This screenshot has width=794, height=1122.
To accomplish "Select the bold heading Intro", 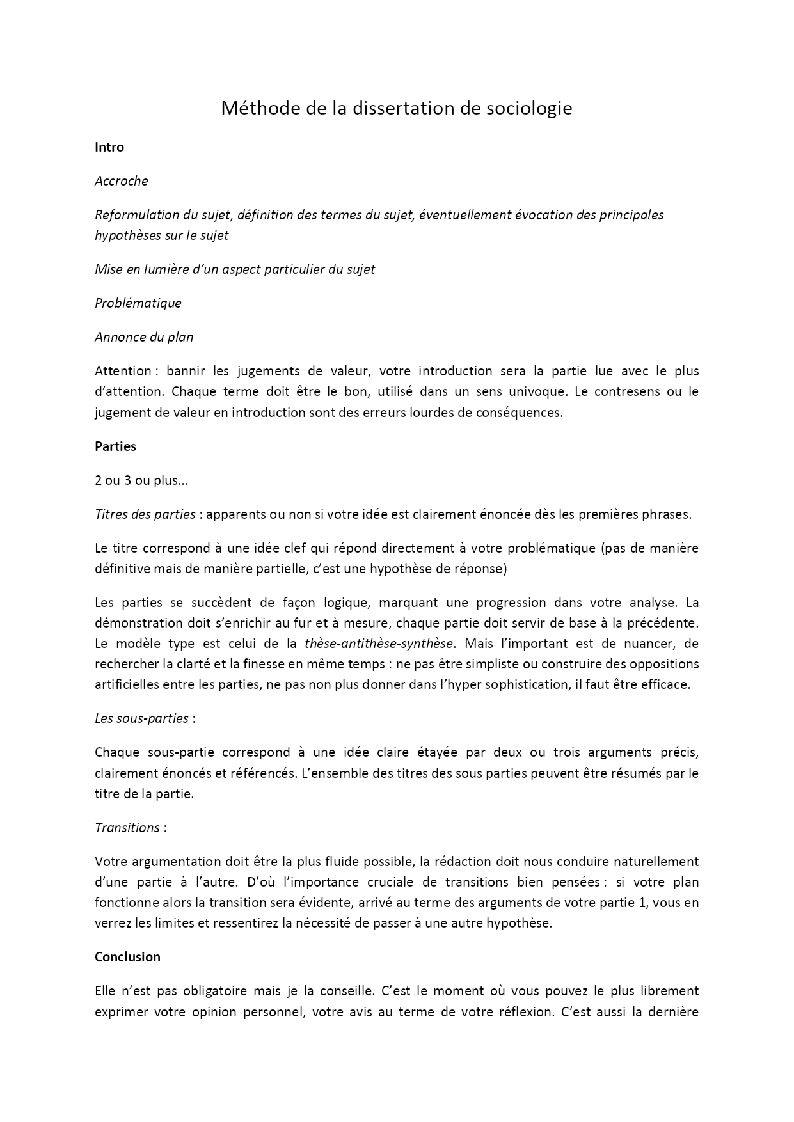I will pos(109,147).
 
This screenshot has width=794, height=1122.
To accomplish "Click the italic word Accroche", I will pos(122,181).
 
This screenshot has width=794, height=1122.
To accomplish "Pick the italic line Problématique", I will pos(138,303).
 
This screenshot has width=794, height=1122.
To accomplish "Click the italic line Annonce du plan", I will pos(144,337).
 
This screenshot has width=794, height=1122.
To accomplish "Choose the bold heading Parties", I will pos(115,446).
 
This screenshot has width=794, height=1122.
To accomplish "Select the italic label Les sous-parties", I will pos(141,718).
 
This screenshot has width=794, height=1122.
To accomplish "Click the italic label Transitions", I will pos(127,828).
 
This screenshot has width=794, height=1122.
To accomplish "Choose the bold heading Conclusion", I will pos(127,957).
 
